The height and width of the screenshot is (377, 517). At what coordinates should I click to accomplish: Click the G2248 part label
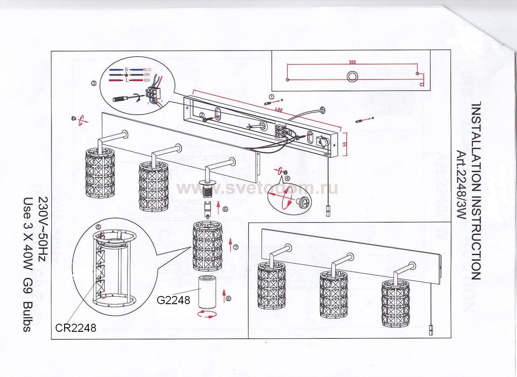tap(173, 300)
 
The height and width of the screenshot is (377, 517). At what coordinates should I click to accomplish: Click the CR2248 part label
tap(75, 328)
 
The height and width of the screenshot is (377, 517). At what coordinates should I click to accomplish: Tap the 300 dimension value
tap(352, 62)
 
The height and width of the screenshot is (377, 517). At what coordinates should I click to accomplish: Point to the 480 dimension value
tap(278, 109)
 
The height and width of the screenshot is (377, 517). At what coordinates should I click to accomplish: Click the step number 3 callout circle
tap(94, 83)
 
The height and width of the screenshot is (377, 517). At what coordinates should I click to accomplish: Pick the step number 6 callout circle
tap(225, 209)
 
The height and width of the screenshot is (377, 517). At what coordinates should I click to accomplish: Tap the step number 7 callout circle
tap(236, 247)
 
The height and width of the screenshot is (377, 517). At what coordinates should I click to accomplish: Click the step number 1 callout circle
tap(272, 97)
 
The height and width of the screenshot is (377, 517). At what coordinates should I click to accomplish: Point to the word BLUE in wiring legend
tap(147, 70)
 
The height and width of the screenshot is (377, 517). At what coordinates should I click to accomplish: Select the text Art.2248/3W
tap(461, 185)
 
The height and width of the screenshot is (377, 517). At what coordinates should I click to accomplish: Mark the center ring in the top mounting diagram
tap(352, 77)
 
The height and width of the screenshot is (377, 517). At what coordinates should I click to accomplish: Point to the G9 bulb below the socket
tap(207, 209)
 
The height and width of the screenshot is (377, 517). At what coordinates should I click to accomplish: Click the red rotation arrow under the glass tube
tap(207, 314)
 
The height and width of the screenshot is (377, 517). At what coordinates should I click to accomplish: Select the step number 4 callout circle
tap(287, 178)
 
